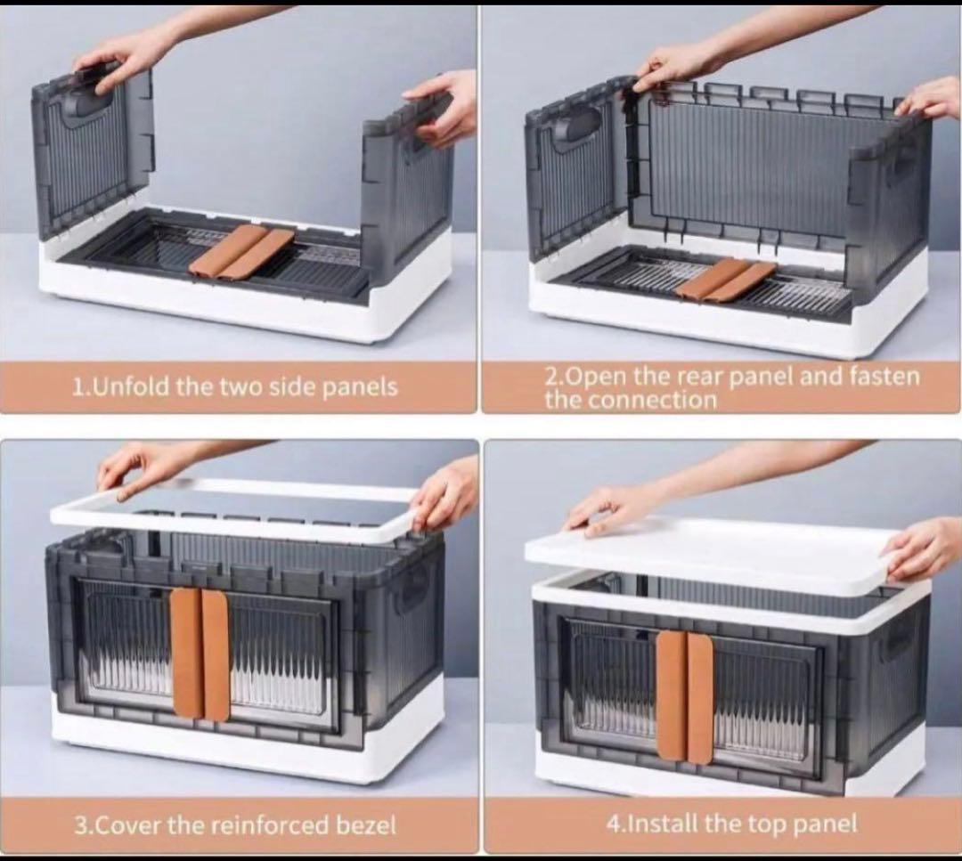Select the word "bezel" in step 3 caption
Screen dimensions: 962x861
click(x=366, y=825)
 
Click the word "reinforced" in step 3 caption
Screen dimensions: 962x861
click(x=272, y=825)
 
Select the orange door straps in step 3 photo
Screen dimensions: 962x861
click(x=200, y=654)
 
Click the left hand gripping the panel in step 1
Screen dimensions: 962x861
click(x=123, y=56)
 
